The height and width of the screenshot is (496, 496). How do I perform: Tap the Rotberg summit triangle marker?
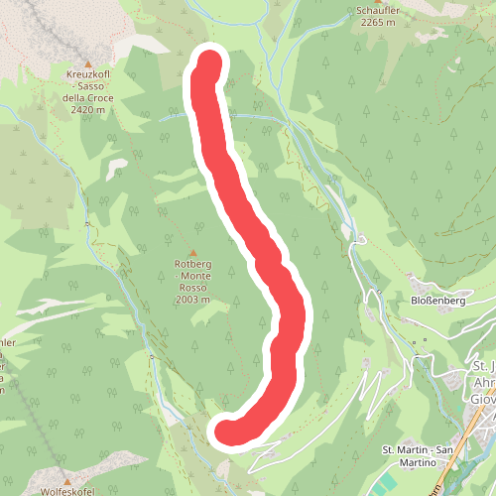click(x=192, y=253)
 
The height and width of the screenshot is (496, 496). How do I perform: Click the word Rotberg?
click(x=192, y=264)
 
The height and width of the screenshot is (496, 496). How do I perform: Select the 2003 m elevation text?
click(x=192, y=299)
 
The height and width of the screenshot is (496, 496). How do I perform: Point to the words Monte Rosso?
click(x=192, y=281)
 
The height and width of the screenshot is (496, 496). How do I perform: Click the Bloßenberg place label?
click(x=437, y=300)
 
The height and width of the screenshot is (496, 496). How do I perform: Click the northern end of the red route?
click(x=209, y=62)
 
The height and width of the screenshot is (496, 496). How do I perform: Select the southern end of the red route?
click(x=228, y=432)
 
